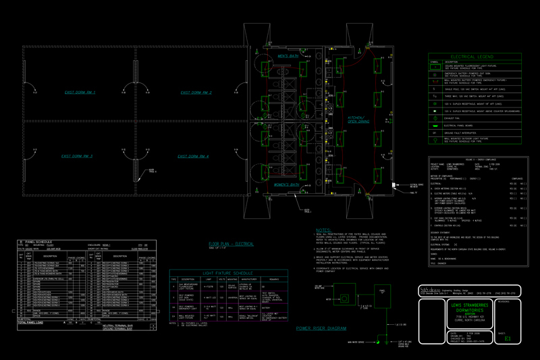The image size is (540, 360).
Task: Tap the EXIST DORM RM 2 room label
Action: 195,92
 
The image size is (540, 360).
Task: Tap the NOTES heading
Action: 324,230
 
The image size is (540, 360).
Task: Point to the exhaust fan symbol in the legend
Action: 435,118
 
